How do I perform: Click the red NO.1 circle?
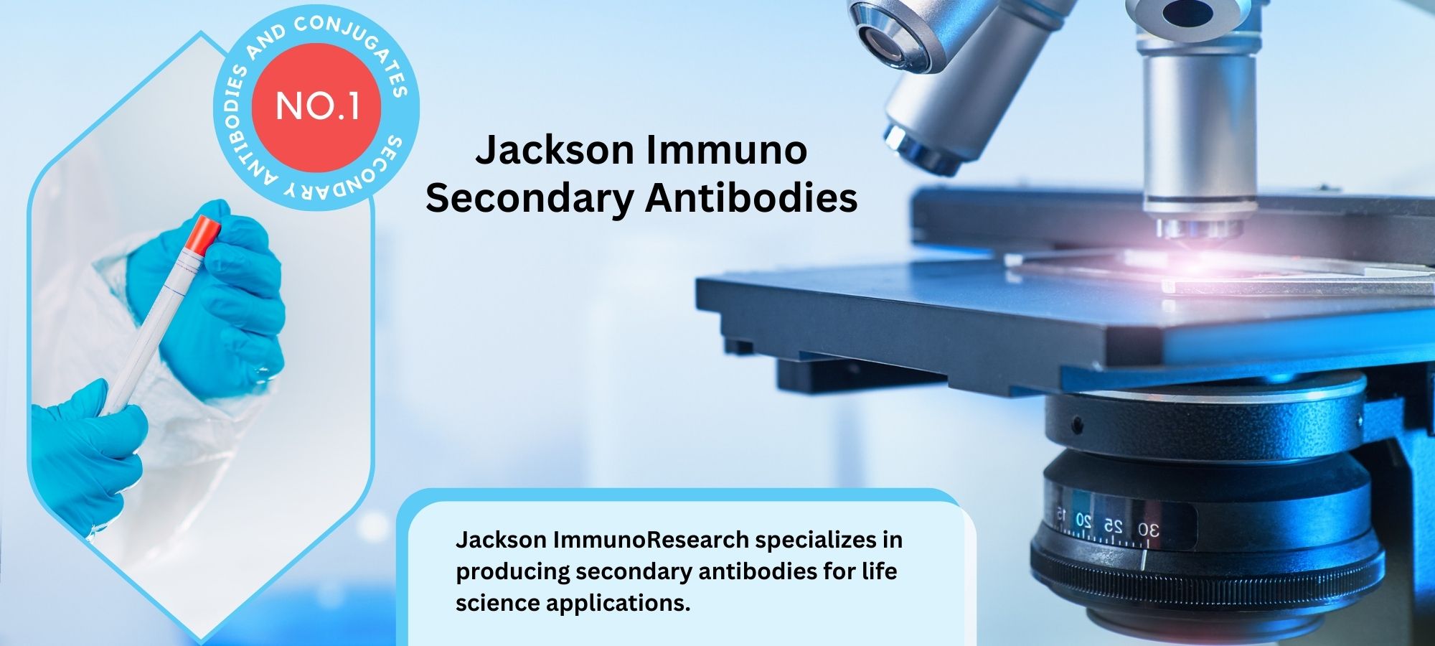pos(317,107)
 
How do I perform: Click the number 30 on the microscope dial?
pos(1148,530)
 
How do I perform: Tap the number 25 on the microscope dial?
pos(1113,526)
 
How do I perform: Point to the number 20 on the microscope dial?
pos(1083,520)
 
